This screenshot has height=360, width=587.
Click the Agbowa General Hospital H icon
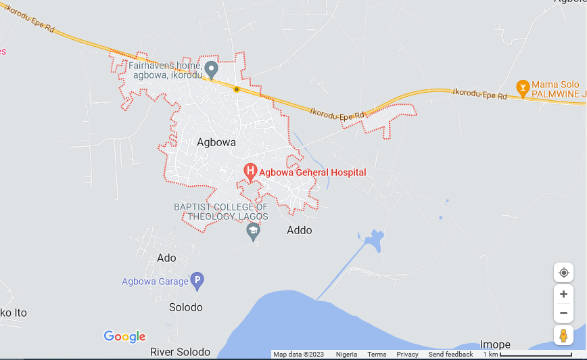pos(250,172)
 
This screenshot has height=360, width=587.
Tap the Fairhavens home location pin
pos(211,69)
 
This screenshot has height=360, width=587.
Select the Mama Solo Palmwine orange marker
pos(522,88)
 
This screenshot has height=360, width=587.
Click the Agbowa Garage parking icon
pos(197,280)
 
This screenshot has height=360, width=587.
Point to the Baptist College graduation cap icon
pos(253,231)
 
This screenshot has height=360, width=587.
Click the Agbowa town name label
pos(216,143)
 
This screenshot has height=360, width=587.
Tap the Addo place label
pos(300,230)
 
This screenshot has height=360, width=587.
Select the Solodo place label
pos(186,307)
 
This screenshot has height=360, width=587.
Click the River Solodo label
pos(180,352)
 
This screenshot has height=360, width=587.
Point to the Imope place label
pos(495,344)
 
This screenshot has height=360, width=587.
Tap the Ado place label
pos(166,258)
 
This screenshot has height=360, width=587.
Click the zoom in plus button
pos(563,294)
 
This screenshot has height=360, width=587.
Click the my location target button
pos(563,273)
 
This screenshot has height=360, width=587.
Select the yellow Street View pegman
pos(563,335)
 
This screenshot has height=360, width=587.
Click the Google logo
pos(124,336)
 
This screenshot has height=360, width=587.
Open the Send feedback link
pos(450,355)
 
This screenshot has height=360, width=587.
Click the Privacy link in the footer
pos(407,355)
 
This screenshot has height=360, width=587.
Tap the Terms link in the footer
pos(377,355)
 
